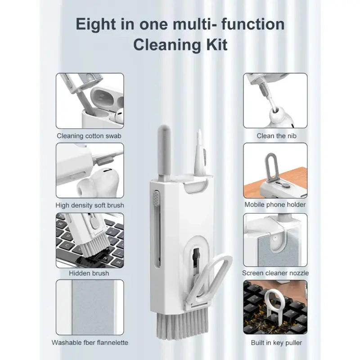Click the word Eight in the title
click(95, 24)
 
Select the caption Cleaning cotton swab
click(89, 136)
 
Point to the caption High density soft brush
click(90, 205)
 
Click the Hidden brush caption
click(89, 273)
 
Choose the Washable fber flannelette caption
click(90, 342)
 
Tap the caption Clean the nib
click(276, 136)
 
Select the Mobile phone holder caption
click(275, 205)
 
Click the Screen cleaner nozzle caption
click(275, 273)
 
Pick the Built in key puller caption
click(276, 343)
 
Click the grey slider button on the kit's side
click(156, 198)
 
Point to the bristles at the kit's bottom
click(183, 324)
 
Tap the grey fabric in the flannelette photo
click(93, 307)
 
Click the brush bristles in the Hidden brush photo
click(94, 246)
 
